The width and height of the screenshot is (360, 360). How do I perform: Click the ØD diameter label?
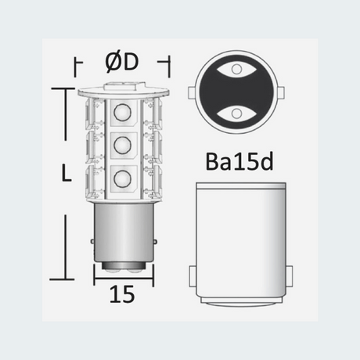pos(122,63)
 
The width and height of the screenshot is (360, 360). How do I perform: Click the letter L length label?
pos(67,172)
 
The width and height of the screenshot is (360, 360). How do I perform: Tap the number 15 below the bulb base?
pos(122,294)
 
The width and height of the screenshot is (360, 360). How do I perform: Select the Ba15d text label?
pos(239,161)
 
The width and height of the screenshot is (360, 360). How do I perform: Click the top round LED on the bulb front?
pos(122,113)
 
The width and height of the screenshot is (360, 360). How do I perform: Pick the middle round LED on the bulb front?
pos(122,146)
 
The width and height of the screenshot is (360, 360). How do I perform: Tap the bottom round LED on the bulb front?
pos(122,178)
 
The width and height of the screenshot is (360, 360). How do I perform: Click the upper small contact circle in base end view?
pos(236,69)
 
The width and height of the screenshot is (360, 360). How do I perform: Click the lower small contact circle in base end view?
pos(236,113)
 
